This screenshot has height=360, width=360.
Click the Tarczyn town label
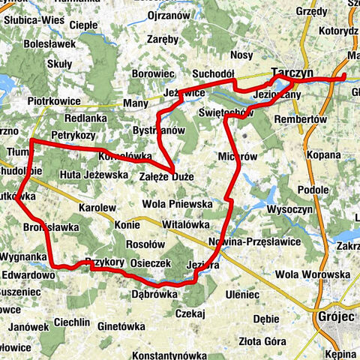pyautogui.click(x=288, y=70)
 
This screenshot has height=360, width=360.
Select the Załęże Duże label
pyautogui.click(x=166, y=177)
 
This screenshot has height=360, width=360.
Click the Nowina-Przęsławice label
pyautogui.click(x=253, y=241)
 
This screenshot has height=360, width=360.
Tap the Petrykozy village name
pyautogui.click(x=73, y=136)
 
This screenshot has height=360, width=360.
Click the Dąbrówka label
pyautogui.click(x=155, y=294)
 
